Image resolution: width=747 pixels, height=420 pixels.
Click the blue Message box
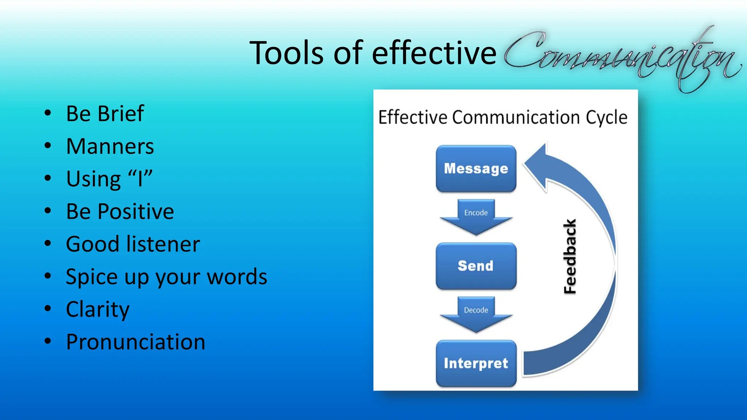[x=476, y=168]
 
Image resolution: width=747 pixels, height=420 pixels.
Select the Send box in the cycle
[x=476, y=266]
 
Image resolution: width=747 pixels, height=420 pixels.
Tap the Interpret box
[x=476, y=363]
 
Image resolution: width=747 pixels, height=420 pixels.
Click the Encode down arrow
[x=476, y=217]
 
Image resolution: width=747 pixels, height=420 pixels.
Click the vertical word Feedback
[x=570, y=256]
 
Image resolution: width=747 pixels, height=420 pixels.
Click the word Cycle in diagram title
[x=606, y=117]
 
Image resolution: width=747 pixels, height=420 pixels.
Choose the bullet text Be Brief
[x=105, y=113]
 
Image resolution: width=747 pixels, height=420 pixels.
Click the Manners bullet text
[x=110, y=146]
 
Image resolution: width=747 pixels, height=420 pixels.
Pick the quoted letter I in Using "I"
[x=140, y=179]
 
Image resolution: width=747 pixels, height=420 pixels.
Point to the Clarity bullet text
[x=97, y=309]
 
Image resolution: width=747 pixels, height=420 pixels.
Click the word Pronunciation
[x=135, y=342]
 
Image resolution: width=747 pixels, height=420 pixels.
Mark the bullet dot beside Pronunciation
[x=48, y=341]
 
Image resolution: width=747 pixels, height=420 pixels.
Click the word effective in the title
[x=434, y=53]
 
